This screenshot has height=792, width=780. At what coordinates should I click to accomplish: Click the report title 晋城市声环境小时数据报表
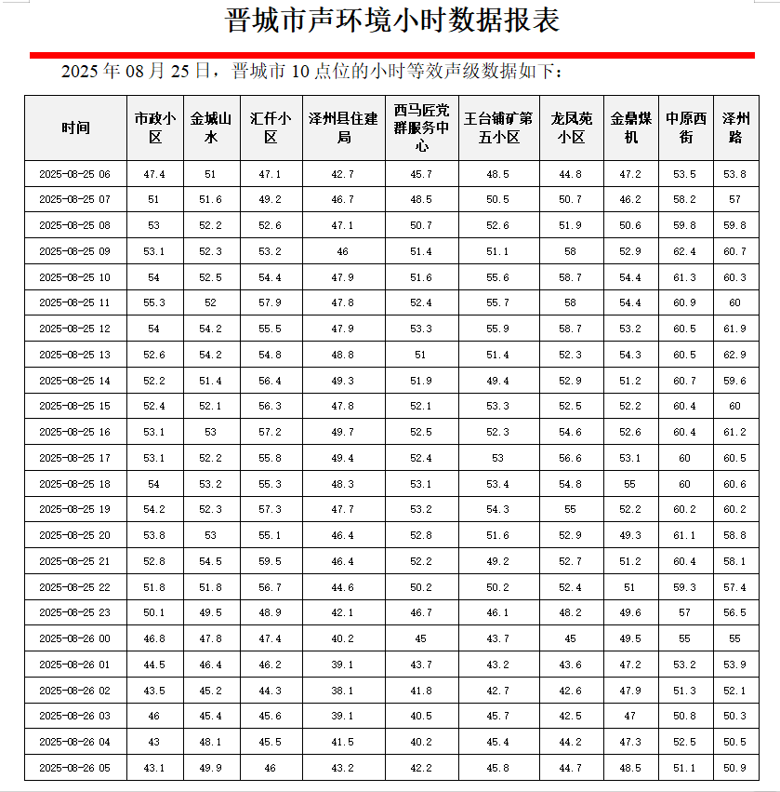[x=392, y=20]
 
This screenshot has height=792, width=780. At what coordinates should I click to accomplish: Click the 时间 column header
[x=75, y=128]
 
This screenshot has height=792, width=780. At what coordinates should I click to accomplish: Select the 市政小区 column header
[x=154, y=128]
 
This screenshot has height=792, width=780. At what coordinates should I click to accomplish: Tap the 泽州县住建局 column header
[x=343, y=128]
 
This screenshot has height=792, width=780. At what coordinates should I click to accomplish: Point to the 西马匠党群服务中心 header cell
[x=421, y=128]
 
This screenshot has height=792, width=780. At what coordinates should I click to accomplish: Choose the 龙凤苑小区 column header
[x=570, y=128]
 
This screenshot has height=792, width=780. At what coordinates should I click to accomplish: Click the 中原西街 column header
[x=686, y=128]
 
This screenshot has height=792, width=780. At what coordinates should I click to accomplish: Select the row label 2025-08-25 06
[x=75, y=174]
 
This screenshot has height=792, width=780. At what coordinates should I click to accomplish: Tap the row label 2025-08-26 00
[x=75, y=638]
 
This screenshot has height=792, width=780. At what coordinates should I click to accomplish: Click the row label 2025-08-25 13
[x=75, y=355]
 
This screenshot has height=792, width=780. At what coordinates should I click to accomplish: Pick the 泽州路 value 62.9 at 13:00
[x=734, y=355]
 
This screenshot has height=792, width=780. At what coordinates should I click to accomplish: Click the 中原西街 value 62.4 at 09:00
[x=686, y=251]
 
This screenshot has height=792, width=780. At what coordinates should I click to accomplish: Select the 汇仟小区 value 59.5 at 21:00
[x=270, y=561]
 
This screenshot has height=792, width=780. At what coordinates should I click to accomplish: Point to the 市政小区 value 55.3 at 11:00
[x=154, y=302]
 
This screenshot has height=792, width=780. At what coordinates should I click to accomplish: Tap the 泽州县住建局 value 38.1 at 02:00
[x=343, y=691]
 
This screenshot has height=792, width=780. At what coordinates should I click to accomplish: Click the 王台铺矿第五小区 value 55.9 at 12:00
[x=497, y=329]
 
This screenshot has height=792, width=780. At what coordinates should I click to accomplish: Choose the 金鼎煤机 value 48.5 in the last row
[x=630, y=768]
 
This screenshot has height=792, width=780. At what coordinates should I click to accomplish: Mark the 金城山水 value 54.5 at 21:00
[x=211, y=561]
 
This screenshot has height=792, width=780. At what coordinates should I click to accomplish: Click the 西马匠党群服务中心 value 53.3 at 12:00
[x=421, y=329]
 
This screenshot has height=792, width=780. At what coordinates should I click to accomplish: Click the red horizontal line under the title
[x=392, y=56]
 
